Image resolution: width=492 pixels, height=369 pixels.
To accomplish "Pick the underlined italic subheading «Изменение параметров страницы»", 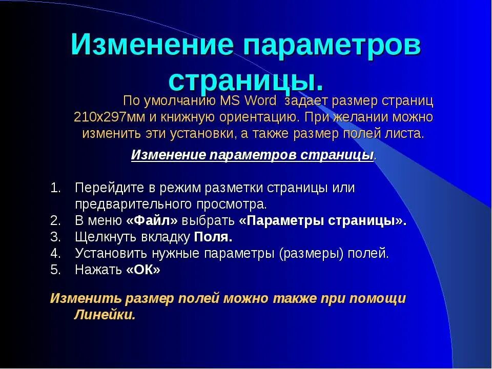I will click(x=253, y=155).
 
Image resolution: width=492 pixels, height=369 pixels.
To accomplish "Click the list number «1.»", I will click(x=56, y=188).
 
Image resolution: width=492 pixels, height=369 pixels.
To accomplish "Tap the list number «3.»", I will click(x=56, y=237).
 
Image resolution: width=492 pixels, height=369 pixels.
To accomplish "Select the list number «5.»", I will click(x=56, y=270).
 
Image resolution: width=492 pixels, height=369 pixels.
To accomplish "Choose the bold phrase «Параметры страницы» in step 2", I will click(x=322, y=221).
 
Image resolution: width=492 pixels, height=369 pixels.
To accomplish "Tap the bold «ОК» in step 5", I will click(x=143, y=270).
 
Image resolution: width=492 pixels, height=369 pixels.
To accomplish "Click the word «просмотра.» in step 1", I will click(x=232, y=204).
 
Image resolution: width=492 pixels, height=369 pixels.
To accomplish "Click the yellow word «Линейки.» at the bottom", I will click(x=105, y=315).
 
